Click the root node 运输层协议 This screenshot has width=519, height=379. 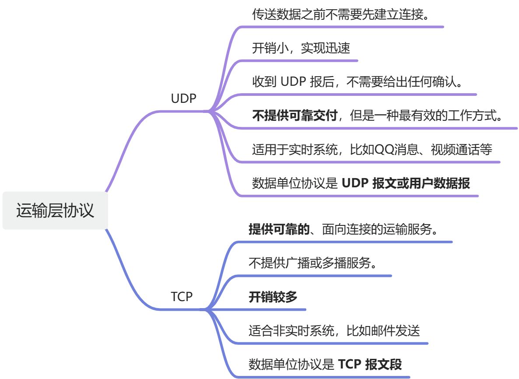point(55,211)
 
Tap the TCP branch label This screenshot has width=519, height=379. point(182,297)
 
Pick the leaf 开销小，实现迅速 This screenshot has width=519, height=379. point(301,48)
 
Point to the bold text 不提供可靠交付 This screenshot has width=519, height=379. point(294,116)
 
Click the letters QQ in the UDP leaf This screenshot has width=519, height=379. point(385,150)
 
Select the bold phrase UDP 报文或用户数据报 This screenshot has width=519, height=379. point(406,183)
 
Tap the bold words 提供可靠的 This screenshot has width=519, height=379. point(279,229)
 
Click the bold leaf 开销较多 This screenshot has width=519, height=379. point(273,297)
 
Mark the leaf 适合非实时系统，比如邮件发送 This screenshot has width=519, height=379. point(334,331)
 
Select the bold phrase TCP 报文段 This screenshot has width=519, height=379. point(370,364)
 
